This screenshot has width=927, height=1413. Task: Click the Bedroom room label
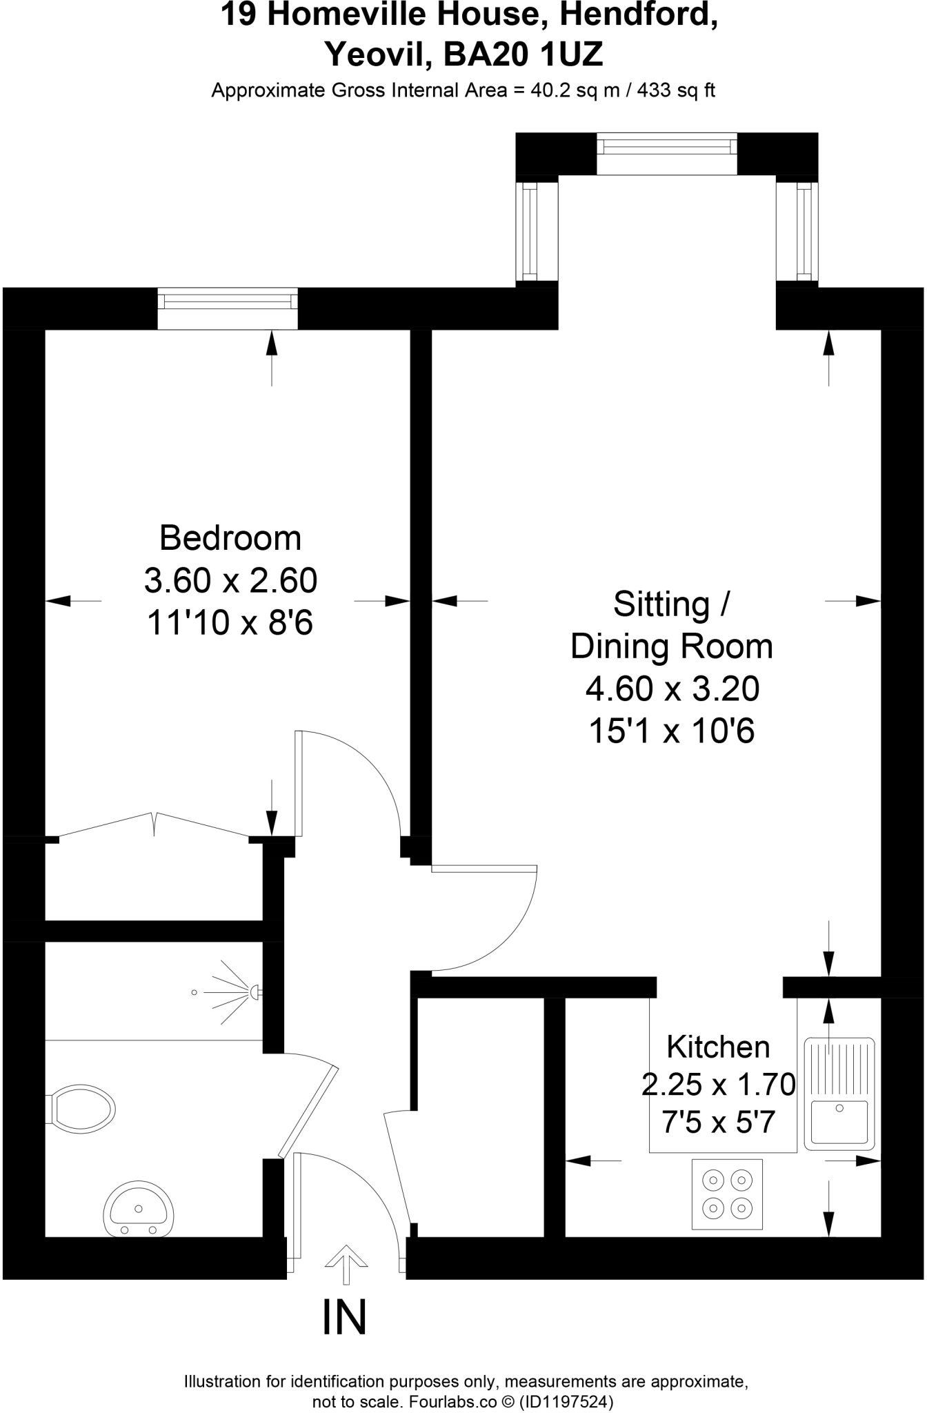click(x=230, y=538)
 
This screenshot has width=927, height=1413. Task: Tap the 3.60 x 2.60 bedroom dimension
click(x=230, y=581)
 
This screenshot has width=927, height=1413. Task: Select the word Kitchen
click(x=717, y=1047)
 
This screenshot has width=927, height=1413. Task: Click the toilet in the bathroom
click(x=81, y=1109)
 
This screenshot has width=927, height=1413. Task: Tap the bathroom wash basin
click(x=138, y=1211)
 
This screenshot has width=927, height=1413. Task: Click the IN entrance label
click(x=344, y=1318)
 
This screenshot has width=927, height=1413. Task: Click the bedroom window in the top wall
click(x=228, y=302)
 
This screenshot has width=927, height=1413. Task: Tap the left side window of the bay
click(x=530, y=231)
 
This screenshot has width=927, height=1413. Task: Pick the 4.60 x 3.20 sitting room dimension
click(x=672, y=689)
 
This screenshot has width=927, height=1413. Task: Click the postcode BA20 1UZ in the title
click(x=523, y=54)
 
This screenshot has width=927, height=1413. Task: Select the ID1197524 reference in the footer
click(x=565, y=1401)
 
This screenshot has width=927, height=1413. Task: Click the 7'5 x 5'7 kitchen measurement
click(x=718, y=1123)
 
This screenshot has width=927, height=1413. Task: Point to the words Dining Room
click(x=672, y=646)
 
